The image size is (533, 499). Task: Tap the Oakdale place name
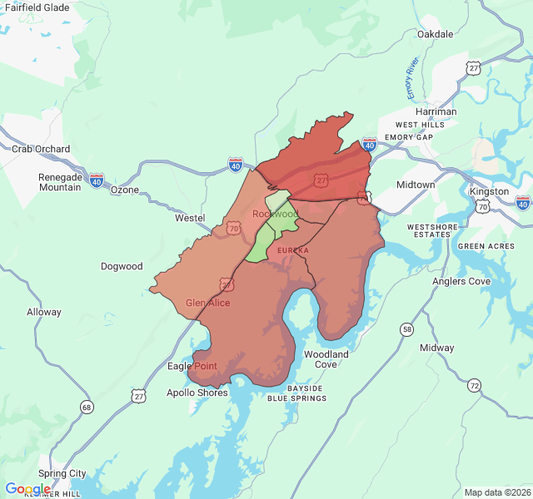point(435,34)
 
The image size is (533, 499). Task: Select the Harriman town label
point(436,111)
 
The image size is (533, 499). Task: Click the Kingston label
point(489,191)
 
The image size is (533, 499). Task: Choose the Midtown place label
point(416,185)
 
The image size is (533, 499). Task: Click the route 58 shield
point(406,329)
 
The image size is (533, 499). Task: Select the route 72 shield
point(474,385)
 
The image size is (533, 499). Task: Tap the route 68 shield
point(87,407)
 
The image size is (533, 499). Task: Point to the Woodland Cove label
point(326,359)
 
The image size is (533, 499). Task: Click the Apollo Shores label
point(197,393)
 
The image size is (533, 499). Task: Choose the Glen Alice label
point(207,303)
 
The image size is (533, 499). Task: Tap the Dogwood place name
point(122,267)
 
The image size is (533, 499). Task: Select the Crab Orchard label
point(41,149)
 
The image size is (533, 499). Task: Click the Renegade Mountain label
point(60,182)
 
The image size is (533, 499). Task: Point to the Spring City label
point(62,473)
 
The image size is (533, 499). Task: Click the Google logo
point(27,489)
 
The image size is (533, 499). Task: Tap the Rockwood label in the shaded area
point(275,214)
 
